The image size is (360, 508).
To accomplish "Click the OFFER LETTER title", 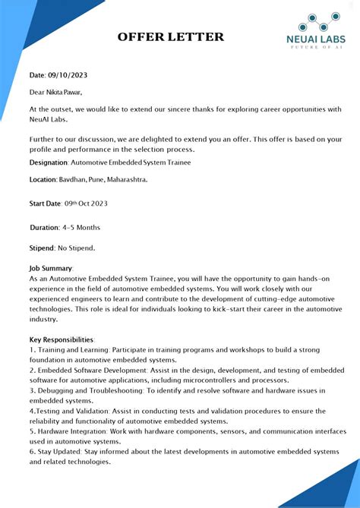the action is pos(170,36).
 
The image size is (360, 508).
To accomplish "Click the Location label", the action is pos(43,179).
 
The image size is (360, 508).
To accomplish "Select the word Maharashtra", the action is pos(128,179).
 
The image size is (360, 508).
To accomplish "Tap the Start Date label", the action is pos(45,203).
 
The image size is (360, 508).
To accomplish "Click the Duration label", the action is pos(44,227).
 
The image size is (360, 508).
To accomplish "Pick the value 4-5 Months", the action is pos(81,227).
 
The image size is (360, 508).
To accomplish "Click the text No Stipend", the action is pos(76,248).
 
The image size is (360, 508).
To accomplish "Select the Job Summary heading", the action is pos(51,268).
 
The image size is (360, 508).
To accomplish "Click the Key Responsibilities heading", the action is pos(62,339).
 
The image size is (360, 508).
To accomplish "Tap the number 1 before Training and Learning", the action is pos(32,349).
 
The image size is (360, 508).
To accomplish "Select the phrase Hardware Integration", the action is pos(73,431).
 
